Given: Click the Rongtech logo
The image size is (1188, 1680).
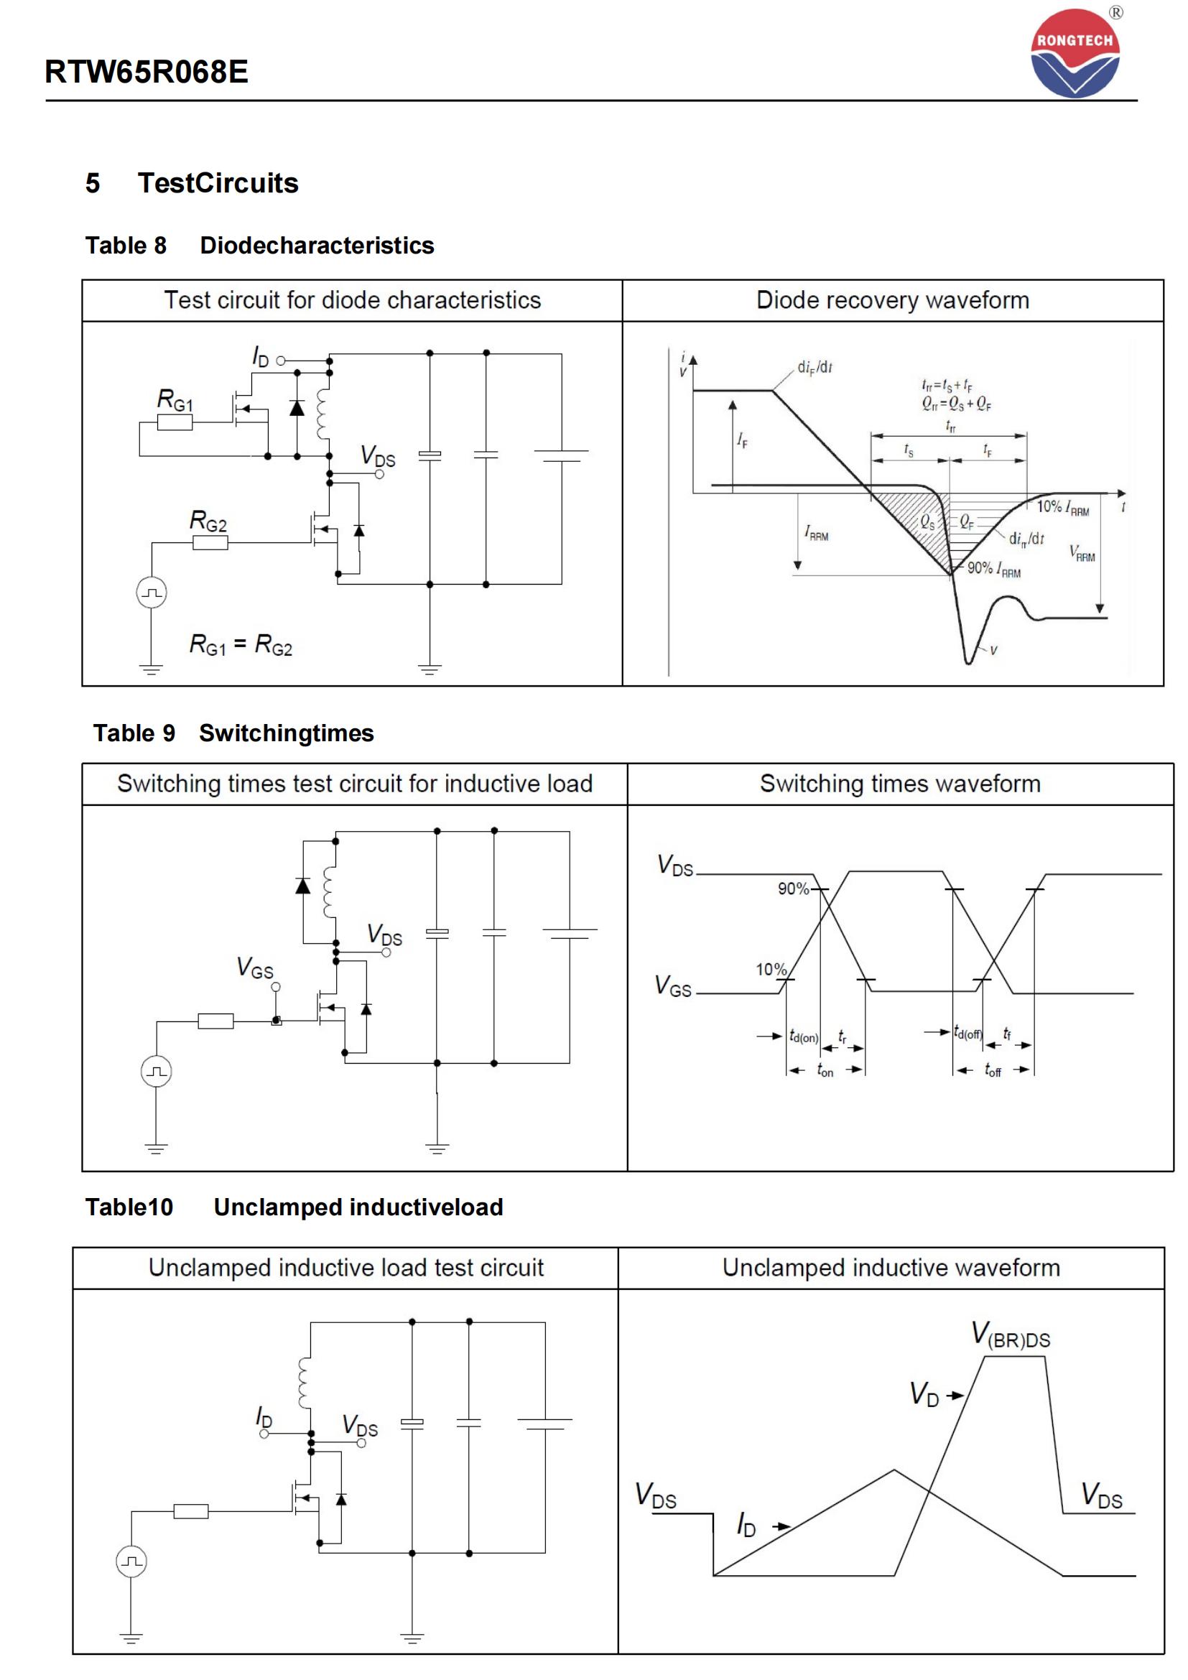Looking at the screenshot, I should [x=1075, y=53].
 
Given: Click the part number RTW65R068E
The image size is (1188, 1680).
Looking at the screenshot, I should [x=147, y=72].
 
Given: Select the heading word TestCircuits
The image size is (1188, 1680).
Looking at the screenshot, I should [x=218, y=183].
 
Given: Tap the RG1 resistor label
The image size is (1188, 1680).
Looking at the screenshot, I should [x=175, y=400].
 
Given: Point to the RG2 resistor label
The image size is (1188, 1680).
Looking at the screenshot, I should [x=208, y=521].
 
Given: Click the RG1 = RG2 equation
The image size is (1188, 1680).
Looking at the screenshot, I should [x=241, y=644].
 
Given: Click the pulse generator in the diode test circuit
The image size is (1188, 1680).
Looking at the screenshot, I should [x=152, y=593].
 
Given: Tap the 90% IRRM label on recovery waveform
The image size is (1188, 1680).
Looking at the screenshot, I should [x=993, y=569].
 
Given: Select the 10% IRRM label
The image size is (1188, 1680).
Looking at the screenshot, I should [x=1062, y=507].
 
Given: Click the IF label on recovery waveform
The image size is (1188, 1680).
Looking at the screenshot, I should [x=743, y=440].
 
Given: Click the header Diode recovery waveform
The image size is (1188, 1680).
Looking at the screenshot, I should [x=893, y=300].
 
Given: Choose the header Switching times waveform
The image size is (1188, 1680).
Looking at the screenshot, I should [x=900, y=784].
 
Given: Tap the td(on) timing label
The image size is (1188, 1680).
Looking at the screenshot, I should [x=803, y=1037].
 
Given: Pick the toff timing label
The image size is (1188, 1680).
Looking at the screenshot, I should [x=993, y=1070].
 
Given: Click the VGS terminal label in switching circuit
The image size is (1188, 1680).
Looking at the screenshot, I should [x=254, y=968].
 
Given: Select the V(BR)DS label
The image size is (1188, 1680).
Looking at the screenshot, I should [x=1011, y=1335].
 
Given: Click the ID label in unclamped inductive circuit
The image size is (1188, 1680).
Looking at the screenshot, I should [x=264, y=1417].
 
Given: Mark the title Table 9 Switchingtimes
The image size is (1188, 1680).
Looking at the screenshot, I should [x=233, y=733].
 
